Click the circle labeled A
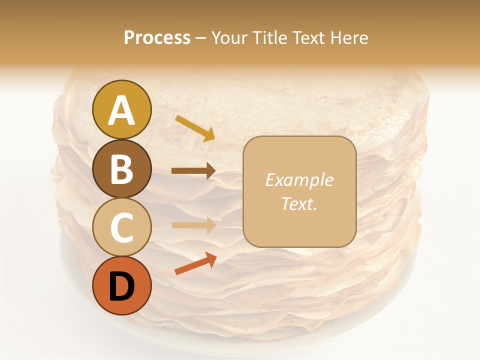coord(122,109)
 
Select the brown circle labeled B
coord(122,168)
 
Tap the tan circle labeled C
coord(122,227)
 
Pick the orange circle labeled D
coord(122,286)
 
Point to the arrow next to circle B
coord(193,171)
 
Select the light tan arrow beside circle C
coord(193,225)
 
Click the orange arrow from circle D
coord(195,263)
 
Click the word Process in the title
coord(157,38)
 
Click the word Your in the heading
coord(227,38)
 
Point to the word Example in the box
coord(299,180)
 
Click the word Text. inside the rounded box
coord(299,203)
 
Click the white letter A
coord(122,110)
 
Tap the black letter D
coord(122,286)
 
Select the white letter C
coord(122,228)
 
